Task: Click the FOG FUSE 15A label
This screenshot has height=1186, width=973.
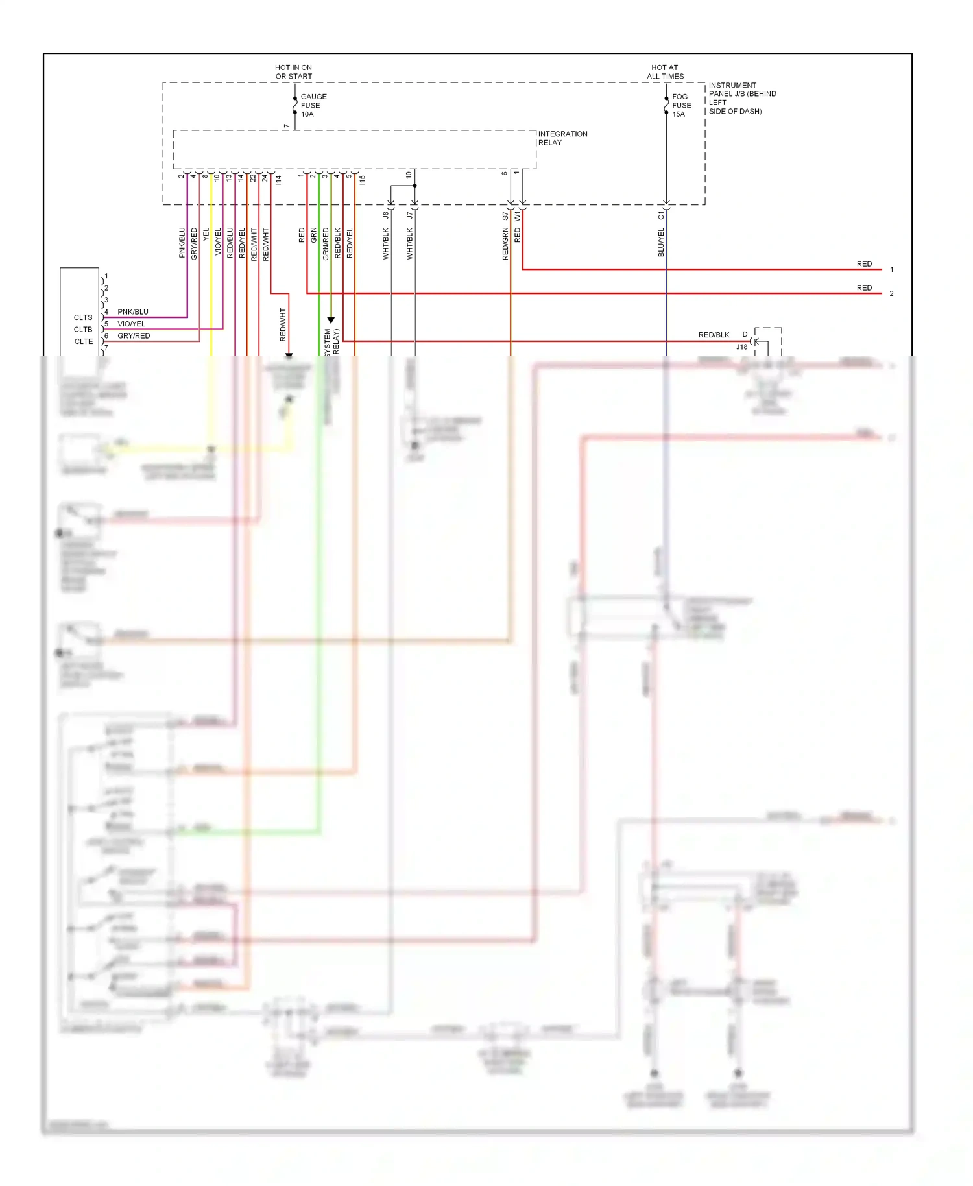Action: point(680,105)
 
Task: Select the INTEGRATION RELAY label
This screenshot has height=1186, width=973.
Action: point(562,138)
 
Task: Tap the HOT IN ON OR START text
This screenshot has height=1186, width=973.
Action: point(293,71)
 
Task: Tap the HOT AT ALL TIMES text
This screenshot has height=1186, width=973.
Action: point(665,71)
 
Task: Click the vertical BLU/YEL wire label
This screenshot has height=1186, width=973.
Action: point(661,243)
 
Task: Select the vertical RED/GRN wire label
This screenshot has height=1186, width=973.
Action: point(505,245)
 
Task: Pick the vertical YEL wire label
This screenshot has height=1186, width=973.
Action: point(206,234)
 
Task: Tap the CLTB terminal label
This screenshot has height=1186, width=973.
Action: point(83,330)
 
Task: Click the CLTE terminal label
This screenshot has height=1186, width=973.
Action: point(83,341)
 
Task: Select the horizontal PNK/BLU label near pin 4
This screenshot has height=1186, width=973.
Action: point(133,312)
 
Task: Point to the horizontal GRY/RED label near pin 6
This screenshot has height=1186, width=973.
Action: point(134,336)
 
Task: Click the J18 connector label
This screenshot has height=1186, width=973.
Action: point(741,347)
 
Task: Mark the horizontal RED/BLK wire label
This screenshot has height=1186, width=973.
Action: point(714,335)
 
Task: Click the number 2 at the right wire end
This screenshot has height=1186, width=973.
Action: point(891,293)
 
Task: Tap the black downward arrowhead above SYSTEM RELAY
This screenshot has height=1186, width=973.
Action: point(331,321)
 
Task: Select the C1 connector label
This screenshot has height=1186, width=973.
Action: point(661,215)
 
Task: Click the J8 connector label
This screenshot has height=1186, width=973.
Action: point(385,215)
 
